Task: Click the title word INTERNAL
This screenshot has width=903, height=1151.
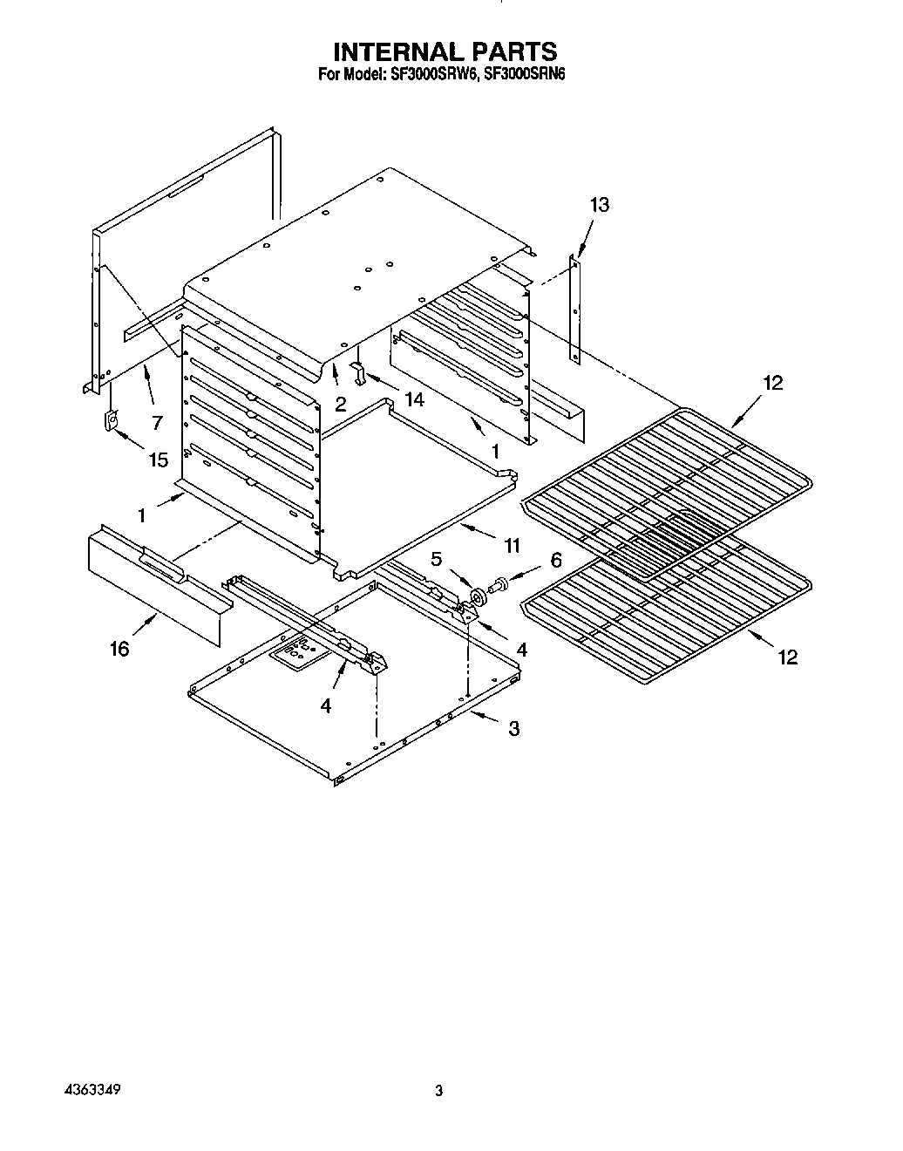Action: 393,51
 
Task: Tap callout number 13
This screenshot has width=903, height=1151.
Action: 599,205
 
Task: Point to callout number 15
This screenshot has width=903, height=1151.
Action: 158,460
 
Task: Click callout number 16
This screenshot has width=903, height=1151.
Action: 119,649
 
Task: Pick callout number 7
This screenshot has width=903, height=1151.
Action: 157,423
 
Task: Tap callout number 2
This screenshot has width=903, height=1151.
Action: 340,404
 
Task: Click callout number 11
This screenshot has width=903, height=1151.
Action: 512,546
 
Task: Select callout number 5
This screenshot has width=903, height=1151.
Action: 437,559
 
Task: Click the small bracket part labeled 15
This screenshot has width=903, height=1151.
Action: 112,421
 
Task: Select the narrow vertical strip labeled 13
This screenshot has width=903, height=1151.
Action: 574,310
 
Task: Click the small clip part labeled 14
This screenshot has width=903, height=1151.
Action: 356,371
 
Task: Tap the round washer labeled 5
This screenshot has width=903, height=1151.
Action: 477,597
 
